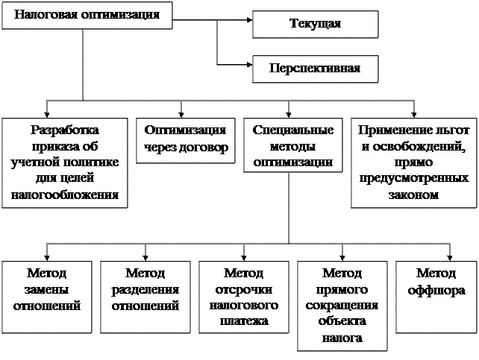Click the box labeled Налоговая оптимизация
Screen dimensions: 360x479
pyautogui.click(x=87, y=15)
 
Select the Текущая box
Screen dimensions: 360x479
pyautogui.click(x=315, y=24)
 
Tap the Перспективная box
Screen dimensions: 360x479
pyautogui.click(x=315, y=69)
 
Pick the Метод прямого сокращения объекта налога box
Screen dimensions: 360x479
pyautogui.click(x=342, y=305)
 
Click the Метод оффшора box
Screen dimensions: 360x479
pyautogui.click(x=436, y=297)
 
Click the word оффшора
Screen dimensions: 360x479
pyautogui.click(x=436, y=290)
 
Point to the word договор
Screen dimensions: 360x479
pyautogui.click(x=204, y=147)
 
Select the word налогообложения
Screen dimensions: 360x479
pyautogui.click(x=65, y=195)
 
